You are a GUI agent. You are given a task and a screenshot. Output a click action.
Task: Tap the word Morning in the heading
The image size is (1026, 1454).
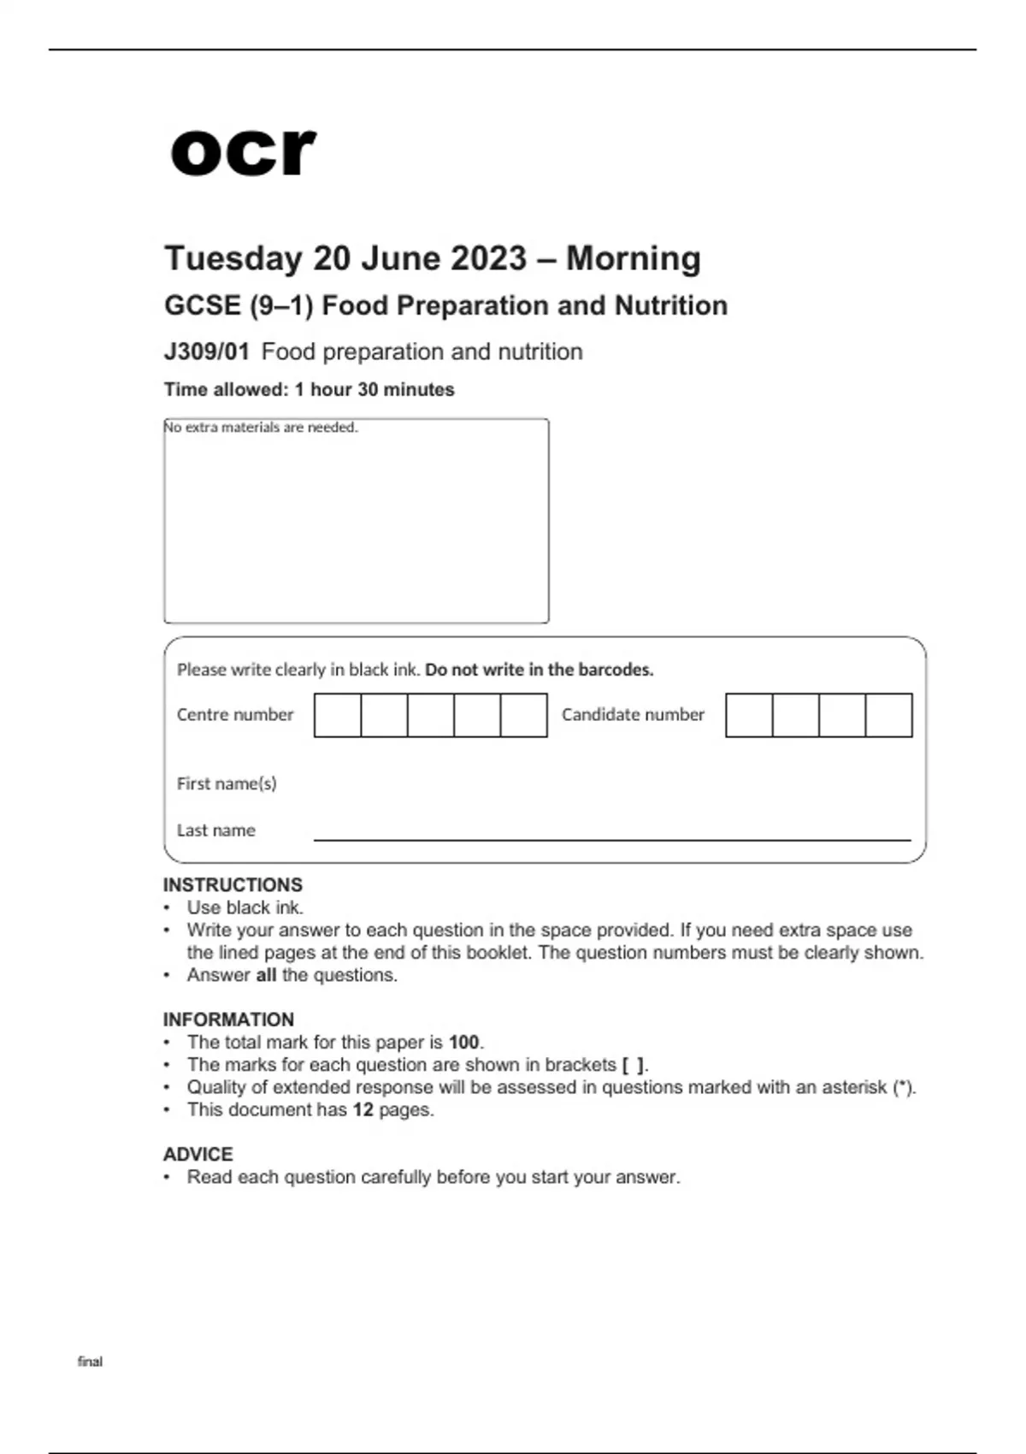point(634,258)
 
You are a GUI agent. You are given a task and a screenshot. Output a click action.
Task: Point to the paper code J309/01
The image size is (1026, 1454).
point(206,352)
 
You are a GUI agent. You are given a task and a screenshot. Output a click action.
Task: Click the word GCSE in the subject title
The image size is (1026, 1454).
point(202,305)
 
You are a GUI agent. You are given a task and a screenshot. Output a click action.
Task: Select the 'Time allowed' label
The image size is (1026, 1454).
point(226,390)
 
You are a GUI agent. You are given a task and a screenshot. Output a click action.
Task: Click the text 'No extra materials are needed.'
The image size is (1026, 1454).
point(261,428)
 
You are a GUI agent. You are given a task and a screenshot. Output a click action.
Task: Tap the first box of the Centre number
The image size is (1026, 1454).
point(338,715)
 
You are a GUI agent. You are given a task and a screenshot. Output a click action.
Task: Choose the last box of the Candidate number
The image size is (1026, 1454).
point(889,715)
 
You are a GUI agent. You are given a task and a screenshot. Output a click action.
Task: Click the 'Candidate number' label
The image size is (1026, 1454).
point(633,715)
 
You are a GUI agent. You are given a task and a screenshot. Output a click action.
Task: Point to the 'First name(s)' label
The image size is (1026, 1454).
point(227,783)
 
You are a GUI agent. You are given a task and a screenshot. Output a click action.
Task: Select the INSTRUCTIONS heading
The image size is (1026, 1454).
point(233,884)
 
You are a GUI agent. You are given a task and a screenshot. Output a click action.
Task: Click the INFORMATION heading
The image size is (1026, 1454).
point(228,1020)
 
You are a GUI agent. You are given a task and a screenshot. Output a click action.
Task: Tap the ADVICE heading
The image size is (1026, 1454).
point(198,1154)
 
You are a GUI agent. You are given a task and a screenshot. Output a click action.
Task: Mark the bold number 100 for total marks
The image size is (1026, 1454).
point(463,1043)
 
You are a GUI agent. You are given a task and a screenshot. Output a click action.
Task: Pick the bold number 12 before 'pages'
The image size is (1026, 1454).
point(363,1110)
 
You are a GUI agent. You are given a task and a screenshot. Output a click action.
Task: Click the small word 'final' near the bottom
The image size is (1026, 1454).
point(90,1362)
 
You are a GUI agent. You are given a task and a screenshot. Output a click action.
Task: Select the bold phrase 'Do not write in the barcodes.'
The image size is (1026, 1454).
point(539,670)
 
